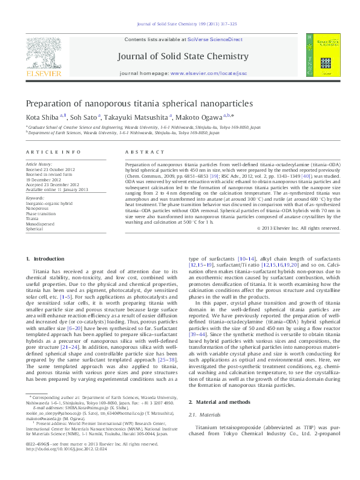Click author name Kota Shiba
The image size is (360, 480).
pyautogui.click(x=39, y=117)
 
